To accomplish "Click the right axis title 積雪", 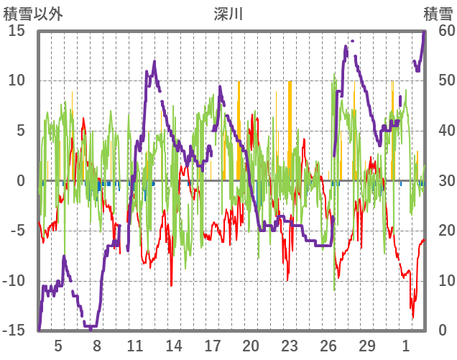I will click(x=437, y=13).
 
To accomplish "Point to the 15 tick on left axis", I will click(x=17, y=30).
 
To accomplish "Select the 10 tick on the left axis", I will click(x=17, y=80).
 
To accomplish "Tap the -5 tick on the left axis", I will click(x=17, y=231).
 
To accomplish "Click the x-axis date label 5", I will click(x=58, y=345).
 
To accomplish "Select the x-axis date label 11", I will click(x=135, y=345).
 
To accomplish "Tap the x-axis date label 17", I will click(x=212, y=345).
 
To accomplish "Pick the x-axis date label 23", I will click(x=289, y=345).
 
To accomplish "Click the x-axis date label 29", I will click(x=366, y=345).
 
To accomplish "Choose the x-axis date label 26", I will click(x=328, y=345).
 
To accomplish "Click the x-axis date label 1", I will click(x=405, y=345).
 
